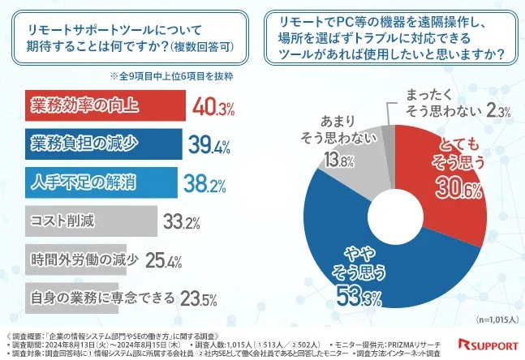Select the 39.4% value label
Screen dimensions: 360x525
tap(209, 144)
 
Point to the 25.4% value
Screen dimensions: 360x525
tap(166, 260)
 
